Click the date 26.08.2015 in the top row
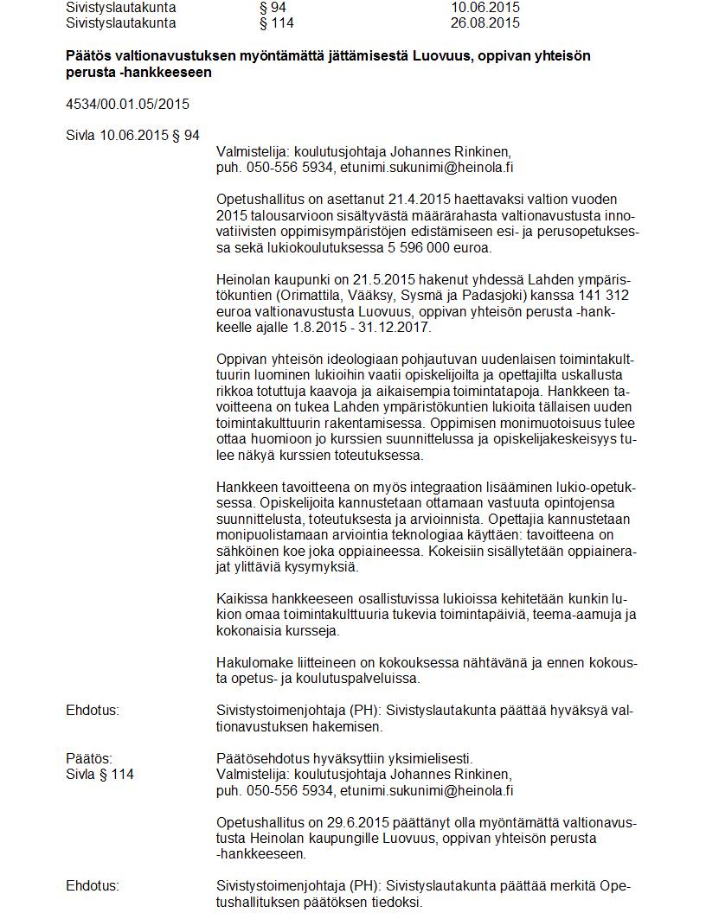coord(485,22)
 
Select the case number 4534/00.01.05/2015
coord(127,105)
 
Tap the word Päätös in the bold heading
coord(87,56)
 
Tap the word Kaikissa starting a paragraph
coord(241,598)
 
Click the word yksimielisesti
coord(429,758)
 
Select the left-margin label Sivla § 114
coord(99,775)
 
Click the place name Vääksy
coord(380,296)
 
